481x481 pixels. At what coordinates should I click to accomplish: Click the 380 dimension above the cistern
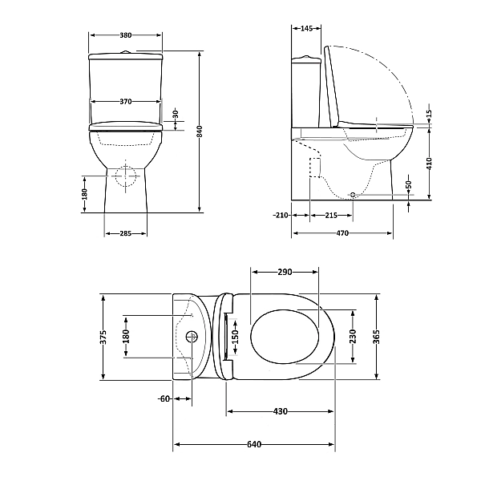tap(125, 35)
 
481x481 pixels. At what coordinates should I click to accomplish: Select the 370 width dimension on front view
tap(125, 102)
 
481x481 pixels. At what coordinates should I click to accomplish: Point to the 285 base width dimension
tap(125, 233)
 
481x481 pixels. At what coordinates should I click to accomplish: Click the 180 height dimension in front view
tap(85, 193)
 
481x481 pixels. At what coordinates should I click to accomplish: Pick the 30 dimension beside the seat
tap(176, 115)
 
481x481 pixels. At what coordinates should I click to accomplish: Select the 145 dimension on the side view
tap(305, 29)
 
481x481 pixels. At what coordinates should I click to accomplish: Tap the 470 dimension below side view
tap(342, 233)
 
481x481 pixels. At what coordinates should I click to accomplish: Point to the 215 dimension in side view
tap(329, 216)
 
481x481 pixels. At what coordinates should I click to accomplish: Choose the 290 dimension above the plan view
tap(285, 273)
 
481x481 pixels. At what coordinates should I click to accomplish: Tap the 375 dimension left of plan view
tap(103, 337)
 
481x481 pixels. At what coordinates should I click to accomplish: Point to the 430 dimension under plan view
tap(280, 411)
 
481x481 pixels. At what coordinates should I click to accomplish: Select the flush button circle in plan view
tap(192, 337)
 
